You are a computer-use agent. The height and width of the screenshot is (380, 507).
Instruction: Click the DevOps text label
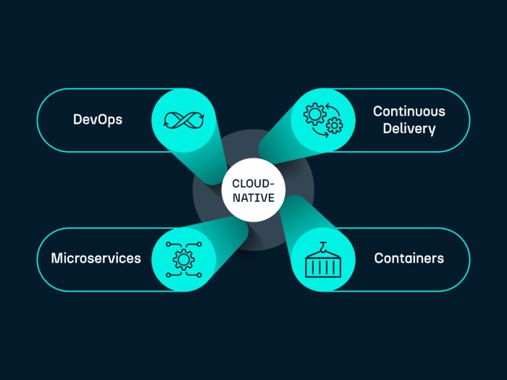98,119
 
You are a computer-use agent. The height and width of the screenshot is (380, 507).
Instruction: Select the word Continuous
408,111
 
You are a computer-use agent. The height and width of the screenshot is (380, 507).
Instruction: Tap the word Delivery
408,130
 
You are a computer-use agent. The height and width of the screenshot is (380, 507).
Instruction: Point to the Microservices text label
96,258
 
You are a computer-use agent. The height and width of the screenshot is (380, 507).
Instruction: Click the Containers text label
408,258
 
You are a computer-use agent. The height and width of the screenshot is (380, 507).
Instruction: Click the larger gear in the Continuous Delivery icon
314,114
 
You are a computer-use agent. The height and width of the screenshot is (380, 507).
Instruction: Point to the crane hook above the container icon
323,245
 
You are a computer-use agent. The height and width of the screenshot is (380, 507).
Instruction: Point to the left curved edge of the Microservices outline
38,259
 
